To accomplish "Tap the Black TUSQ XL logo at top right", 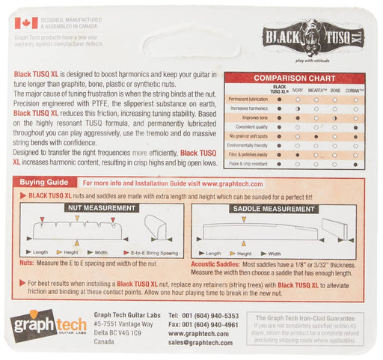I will click(x=314, y=37).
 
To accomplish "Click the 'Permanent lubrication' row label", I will click(x=248, y=99).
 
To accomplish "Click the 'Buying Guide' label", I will click(x=52, y=182).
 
